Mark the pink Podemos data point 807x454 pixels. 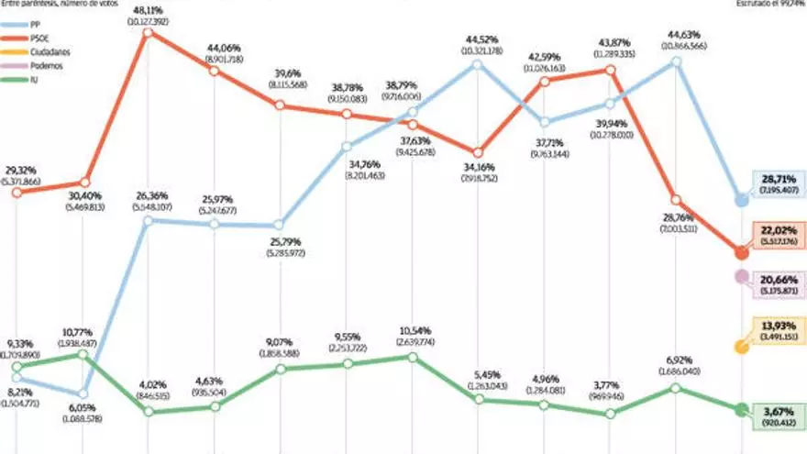740,276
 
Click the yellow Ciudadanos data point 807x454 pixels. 740,347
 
